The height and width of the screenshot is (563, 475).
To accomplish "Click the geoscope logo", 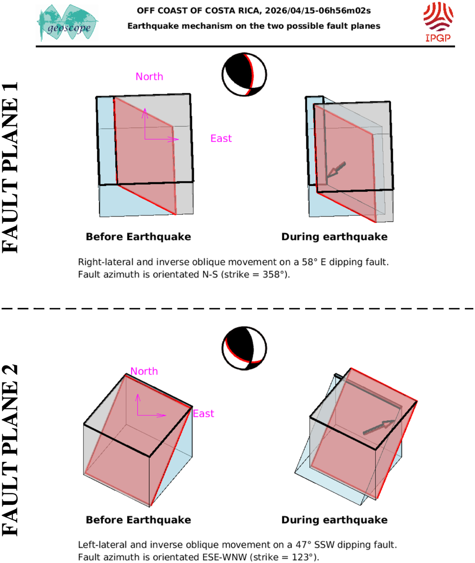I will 68,23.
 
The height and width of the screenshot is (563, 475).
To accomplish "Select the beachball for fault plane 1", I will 244,75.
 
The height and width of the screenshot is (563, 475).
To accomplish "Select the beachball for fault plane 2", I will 244,348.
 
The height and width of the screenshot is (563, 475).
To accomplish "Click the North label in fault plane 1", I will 149,77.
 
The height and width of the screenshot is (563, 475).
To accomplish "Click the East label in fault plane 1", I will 221,138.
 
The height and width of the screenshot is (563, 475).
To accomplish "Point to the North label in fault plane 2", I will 144,371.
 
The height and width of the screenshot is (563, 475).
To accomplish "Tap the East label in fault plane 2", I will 204,414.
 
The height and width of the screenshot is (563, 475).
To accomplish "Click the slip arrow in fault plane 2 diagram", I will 378,427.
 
